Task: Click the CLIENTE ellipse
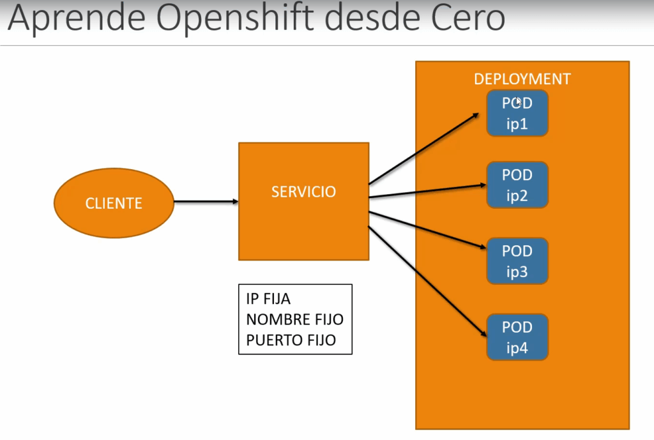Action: pyautogui.click(x=114, y=203)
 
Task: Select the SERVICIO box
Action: pyautogui.click(x=303, y=201)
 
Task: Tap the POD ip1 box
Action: pyautogui.click(x=517, y=113)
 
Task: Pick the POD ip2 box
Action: pyautogui.click(x=517, y=185)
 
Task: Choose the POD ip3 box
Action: pyautogui.click(x=517, y=261)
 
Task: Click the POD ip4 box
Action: pyautogui.click(x=517, y=337)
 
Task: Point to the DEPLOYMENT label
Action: pyautogui.click(x=522, y=79)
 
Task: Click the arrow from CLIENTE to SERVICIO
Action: pyautogui.click(x=206, y=202)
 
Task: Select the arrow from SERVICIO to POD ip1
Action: pyautogui.click(x=423, y=149)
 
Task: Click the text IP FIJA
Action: pyautogui.click(x=268, y=299)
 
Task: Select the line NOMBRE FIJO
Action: pyautogui.click(x=294, y=319)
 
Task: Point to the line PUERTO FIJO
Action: pyautogui.click(x=291, y=340)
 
